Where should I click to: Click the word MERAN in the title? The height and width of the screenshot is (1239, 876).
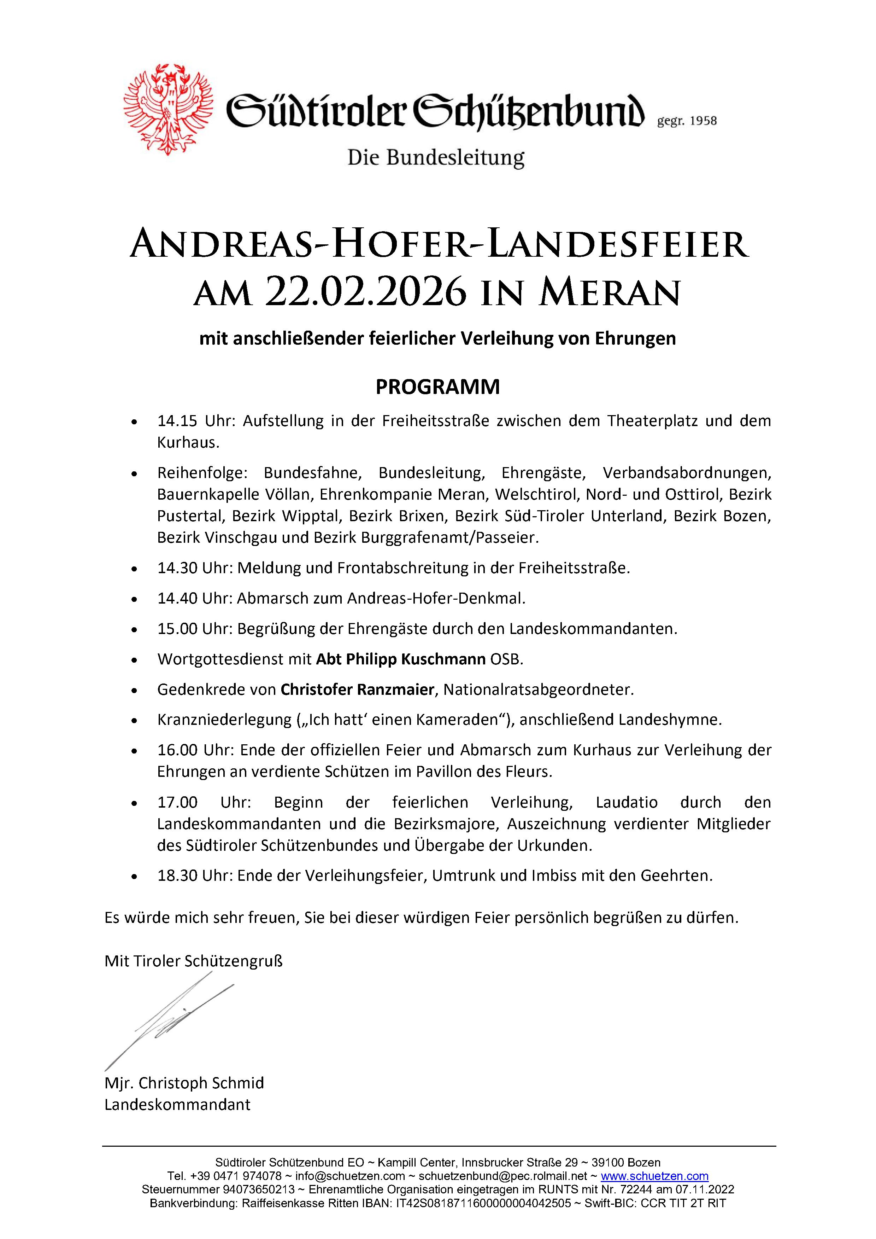[x=610, y=293]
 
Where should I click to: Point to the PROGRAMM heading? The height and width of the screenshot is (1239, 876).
[x=437, y=387]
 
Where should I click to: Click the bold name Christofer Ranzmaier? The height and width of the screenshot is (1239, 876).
[x=357, y=689]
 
